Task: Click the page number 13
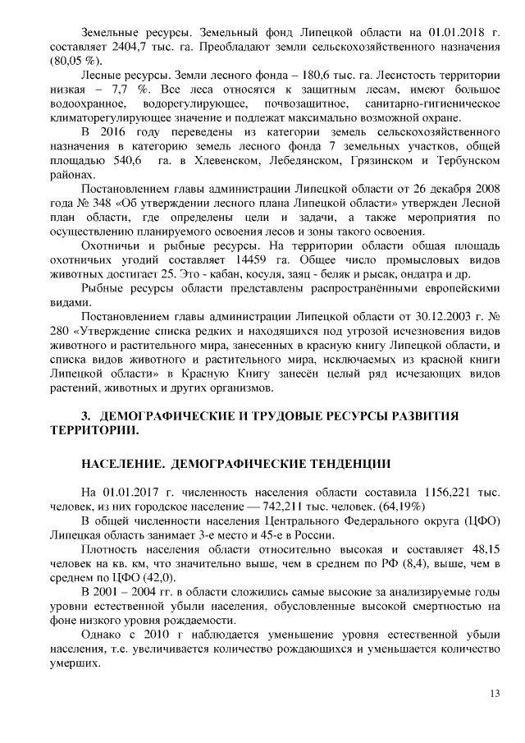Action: click(495, 693)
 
